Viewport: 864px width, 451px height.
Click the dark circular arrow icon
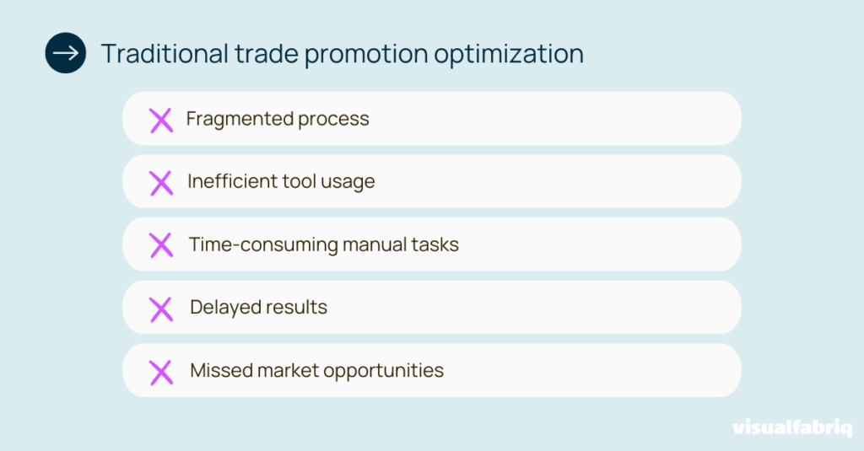[x=65, y=53]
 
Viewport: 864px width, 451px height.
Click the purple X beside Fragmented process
[x=160, y=120]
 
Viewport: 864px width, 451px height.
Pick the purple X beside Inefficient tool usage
[x=160, y=182]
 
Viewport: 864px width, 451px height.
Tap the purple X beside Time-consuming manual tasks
[x=160, y=245]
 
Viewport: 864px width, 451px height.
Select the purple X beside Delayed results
[x=160, y=309]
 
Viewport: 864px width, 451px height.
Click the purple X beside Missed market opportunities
[x=160, y=371]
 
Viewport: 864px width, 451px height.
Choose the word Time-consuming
[x=262, y=244]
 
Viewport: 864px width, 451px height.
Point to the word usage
[x=347, y=182]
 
